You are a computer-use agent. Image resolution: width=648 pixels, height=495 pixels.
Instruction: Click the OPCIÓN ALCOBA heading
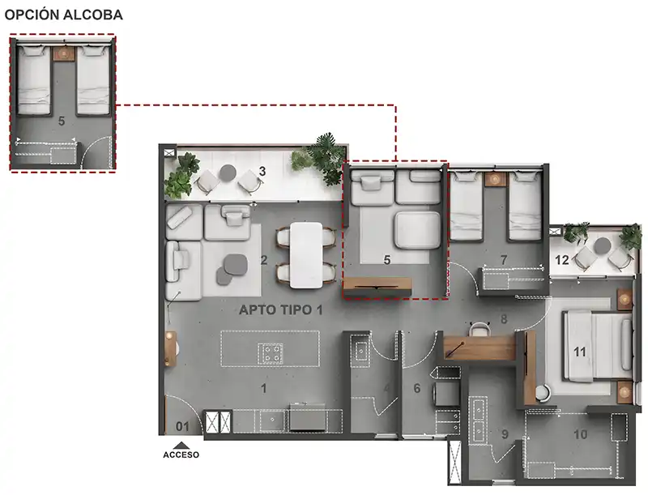(64, 15)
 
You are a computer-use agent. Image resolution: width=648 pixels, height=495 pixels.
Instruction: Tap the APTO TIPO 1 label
(281, 310)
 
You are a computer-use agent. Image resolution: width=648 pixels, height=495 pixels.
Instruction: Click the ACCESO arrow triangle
(181, 446)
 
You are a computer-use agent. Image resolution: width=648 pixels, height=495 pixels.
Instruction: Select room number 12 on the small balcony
(562, 260)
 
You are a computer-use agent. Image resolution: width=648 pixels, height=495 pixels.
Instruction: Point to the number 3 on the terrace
(262, 171)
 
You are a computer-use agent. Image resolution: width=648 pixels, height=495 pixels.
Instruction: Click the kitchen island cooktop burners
(271, 354)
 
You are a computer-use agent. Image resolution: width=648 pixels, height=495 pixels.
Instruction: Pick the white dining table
(306, 255)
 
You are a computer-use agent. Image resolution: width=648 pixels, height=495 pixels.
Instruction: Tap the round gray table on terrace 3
(228, 173)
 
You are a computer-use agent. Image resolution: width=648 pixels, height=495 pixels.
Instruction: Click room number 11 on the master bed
(580, 352)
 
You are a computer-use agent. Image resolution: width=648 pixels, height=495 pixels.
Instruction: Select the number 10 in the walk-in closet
(581, 434)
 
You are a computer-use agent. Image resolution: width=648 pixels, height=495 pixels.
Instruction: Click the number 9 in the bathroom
(505, 434)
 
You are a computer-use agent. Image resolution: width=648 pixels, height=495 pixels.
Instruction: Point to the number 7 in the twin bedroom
(503, 260)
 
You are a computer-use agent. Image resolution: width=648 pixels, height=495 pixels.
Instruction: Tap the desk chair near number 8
(479, 329)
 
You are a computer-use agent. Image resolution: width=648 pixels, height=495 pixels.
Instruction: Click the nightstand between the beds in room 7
(496, 179)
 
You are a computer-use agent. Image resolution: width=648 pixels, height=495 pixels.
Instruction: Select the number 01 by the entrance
(182, 426)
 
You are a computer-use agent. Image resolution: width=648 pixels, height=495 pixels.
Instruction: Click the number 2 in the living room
(264, 260)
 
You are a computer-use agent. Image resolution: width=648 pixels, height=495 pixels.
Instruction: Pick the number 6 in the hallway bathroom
(417, 388)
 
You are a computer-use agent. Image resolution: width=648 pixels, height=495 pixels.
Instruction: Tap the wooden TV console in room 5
(377, 284)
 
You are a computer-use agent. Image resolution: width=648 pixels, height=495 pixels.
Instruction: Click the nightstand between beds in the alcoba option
(64, 53)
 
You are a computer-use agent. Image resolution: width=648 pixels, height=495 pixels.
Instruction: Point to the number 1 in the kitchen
(264, 388)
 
